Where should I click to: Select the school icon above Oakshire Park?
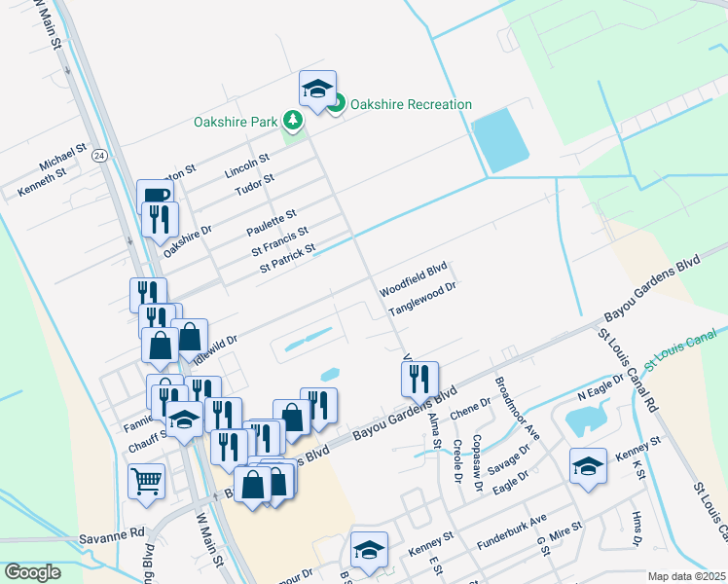click(x=317, y=90)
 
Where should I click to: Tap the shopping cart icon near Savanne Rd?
click(x=146, y=480)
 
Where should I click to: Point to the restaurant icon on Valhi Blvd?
click(x=419, y=379)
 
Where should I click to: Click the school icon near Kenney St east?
click(x=588, y=467)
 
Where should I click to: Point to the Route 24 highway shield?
click(x=99, y=155)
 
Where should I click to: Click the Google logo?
click(x=33, y=572)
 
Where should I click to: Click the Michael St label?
click(x=63, y=158)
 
